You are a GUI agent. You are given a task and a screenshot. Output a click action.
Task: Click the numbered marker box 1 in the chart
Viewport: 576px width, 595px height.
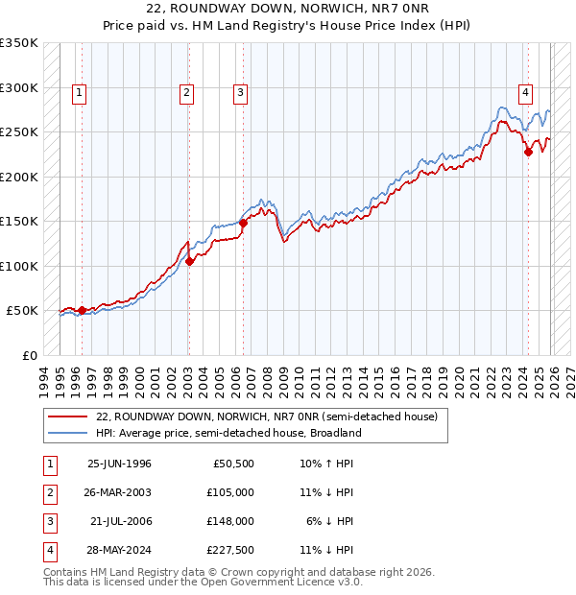click(78, 93)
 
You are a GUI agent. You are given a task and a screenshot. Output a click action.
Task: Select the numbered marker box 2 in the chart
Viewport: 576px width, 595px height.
click(185, 93)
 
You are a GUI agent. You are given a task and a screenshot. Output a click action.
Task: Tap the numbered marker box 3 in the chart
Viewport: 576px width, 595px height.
click(239, 93)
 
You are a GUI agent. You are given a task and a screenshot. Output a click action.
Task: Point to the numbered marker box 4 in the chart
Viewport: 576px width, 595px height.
click(526, 93)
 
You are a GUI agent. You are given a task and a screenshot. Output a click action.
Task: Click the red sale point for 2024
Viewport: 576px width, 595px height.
click(528, 151)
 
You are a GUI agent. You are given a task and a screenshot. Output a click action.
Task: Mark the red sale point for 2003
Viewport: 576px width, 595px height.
click(189, 260)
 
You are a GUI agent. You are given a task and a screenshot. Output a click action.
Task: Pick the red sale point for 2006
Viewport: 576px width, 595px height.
click(243, 223)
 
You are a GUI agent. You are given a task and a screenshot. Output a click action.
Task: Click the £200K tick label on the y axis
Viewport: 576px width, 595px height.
click(19, 177)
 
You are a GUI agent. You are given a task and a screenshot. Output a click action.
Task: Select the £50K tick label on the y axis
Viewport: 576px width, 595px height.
click(23, 311)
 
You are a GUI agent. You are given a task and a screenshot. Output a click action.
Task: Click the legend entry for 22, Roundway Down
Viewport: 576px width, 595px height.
click(267, 416)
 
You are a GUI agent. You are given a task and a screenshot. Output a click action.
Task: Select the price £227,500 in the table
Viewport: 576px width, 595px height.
click(232, 550)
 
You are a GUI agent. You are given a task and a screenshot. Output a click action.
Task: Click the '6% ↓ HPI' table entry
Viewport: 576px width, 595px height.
click(329, 521)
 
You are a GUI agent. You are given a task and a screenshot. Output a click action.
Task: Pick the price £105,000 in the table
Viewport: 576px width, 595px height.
click(232, 492)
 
